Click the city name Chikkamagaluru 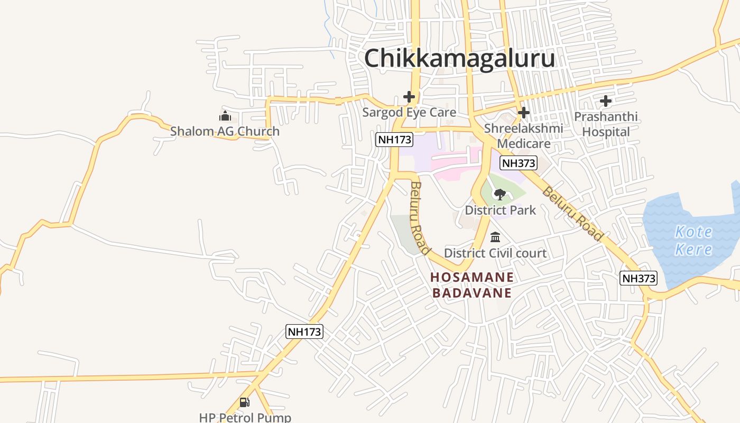click(x=459, y=58)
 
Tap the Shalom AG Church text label click(x=225, y=131)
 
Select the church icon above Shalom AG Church click(x=225, y=116)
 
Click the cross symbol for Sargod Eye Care click(x=409, y=97)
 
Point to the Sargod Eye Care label click(x=409, y=112)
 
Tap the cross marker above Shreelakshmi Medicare click(x=523, y=113)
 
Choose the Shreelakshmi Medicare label click(x=523, y=136)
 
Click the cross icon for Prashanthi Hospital click(x=606, y=100)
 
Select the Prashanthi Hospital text click(x=606, y=124)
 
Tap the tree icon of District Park click(x=499, y=195)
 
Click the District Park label click(x=500, y=210)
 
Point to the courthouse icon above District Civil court click(x=495, y=237)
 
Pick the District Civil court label click(x=495, y=253)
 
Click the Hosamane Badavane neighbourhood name click(x=472, y=285)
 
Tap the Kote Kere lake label click(x=693, y=240)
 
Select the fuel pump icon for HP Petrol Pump click(x=244, y=402)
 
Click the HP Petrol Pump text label click(x=245, y=417)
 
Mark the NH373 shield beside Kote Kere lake click(x=639, y=278)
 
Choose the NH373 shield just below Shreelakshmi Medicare click(x=518, y=163)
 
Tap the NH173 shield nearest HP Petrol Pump click(x=304, y=332)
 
